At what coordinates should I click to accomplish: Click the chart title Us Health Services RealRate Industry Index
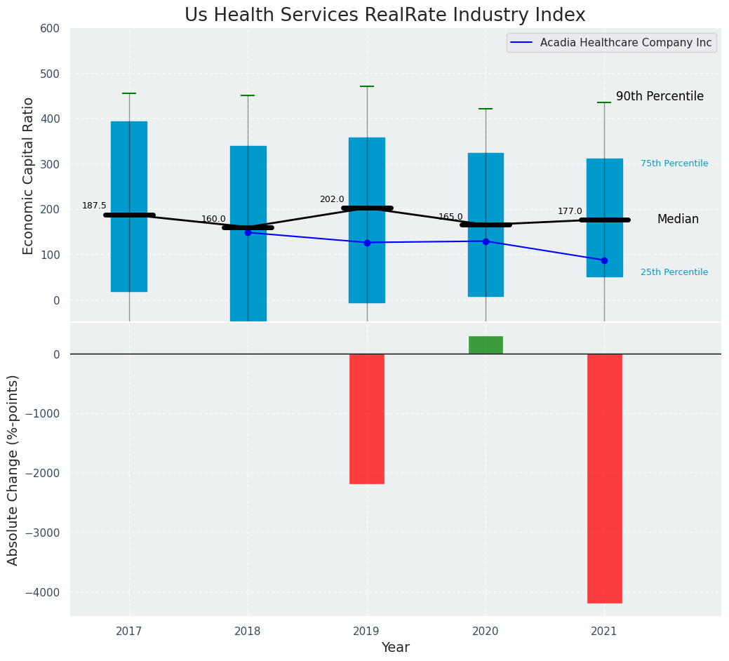(x=384, y=15)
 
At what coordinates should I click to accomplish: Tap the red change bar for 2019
(x=367, y=418)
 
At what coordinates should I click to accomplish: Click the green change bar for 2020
(x=486, y=345)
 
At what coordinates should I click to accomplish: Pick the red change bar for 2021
(x=604, y=478)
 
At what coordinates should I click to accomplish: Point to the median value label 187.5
(x=94, y=206)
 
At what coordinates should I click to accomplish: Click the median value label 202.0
(x=332, y=199)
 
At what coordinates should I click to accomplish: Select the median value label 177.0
(x=570, y=211)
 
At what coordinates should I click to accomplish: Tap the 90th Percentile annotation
(x=660, y=97)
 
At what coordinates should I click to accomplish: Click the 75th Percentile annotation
(x=674, y=163)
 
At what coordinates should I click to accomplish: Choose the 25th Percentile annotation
(x=674, y=272)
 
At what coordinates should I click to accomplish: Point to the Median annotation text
(x=678, y=220)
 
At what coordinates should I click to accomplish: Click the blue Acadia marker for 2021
(x=604, y=260)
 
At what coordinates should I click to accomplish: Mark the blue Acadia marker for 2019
(x=367, y=243)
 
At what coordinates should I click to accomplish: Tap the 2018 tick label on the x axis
(x=248, y=632)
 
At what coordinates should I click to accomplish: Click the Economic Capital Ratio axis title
(x=29, y=175)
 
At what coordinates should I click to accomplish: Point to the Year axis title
(x=396, y=648)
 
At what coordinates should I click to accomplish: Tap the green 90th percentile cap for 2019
(x=367, y=86)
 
